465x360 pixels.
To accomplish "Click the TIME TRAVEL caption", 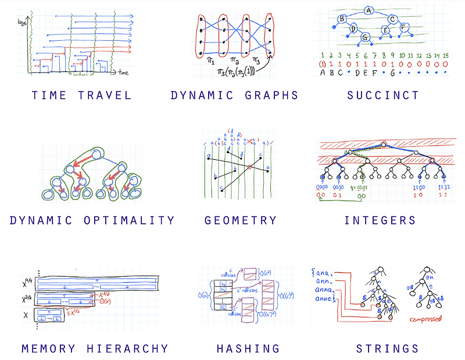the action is (x=81, y=95).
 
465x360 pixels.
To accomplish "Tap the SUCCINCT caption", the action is (x=383, y=95).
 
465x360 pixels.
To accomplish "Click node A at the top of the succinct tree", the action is (x=369, y=10).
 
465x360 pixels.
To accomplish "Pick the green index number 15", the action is (x=446, y=55).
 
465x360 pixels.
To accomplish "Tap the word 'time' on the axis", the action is (x=123, y=74).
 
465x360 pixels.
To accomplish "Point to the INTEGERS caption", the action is (x=380, y=220).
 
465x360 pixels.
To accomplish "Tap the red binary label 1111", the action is (x=444, y=187).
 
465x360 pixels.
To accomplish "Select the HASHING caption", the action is (x=248, y=349).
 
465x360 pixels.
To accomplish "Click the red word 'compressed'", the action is (x=425, y=319).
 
